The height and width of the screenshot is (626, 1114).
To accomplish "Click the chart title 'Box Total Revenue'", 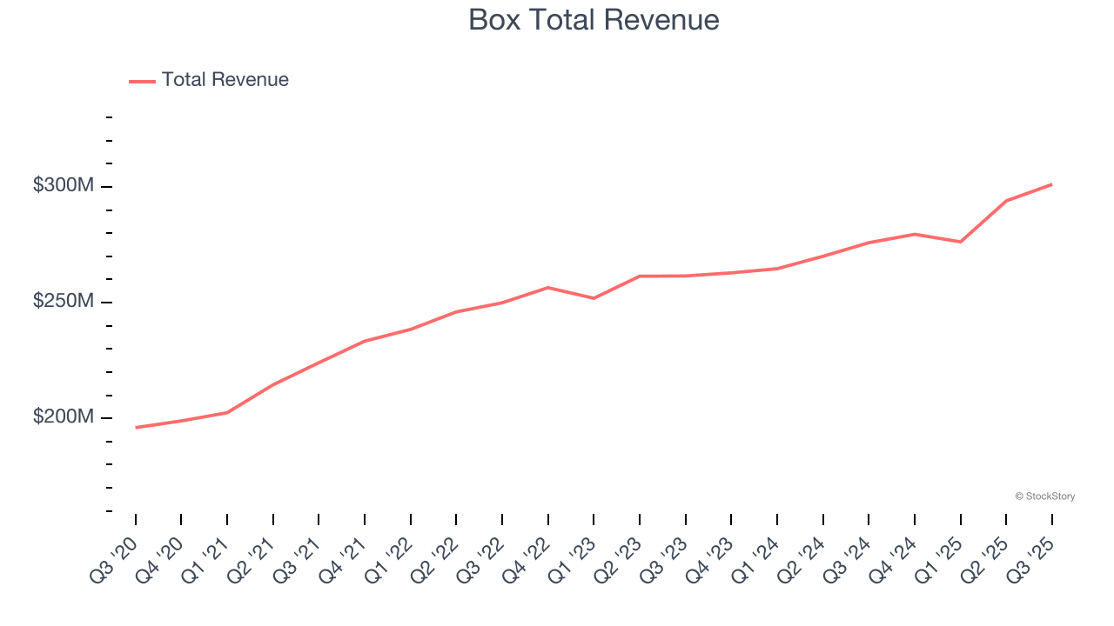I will coord(594,20).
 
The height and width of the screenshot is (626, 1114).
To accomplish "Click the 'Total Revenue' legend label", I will coord(225,80).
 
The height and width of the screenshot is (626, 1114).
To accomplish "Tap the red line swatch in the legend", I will coord(142,81).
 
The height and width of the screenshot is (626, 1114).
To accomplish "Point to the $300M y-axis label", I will coord(63,185).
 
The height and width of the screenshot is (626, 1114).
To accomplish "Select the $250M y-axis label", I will coord(63,301).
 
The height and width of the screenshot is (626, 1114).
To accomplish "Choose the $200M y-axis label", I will coord(63,416).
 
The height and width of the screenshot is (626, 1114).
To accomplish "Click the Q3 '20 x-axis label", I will coord(113,559).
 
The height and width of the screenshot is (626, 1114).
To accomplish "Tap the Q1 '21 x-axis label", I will coord(205,559).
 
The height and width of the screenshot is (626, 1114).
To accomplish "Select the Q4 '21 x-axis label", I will coord(342,559).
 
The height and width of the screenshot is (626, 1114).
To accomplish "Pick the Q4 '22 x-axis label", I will coord(526,559).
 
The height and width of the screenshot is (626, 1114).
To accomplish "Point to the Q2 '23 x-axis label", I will coord(617,559).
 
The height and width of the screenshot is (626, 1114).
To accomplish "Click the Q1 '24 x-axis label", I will coord(755,559).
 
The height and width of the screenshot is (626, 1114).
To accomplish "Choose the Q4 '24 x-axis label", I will coord(892,559).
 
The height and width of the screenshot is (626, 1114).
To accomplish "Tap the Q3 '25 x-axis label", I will coord(1030,559).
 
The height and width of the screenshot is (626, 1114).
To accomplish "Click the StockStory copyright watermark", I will coord(1044,496).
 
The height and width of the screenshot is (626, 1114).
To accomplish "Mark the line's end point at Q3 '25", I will coord(1051,184).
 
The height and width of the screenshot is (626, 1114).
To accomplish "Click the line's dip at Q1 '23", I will coord(594,298).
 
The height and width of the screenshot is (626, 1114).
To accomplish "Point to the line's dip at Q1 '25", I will coord(960,242).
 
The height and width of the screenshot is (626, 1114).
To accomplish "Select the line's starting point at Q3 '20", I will coord(136,427).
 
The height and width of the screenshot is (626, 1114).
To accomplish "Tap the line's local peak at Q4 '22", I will coord(547,287).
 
